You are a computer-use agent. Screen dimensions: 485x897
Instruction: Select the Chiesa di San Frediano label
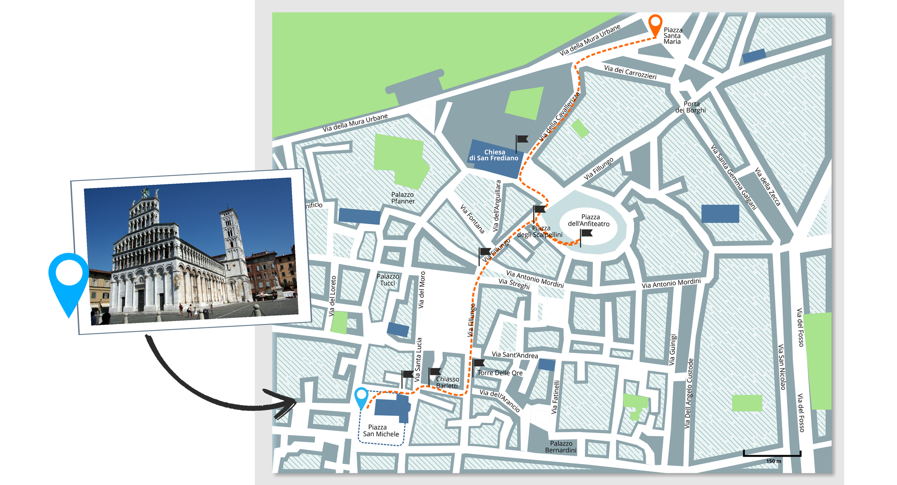click(494, 155)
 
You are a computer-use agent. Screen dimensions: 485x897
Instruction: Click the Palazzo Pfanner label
click(403, 198)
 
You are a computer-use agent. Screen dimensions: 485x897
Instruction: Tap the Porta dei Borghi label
click(691, 107)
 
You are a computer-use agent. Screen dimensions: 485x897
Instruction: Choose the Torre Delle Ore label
click(500, 373)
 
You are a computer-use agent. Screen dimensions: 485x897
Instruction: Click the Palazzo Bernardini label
click(561, 447)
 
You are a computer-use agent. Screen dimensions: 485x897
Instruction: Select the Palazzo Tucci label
click(388, 280)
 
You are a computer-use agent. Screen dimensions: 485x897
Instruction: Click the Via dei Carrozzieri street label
click(630, 72)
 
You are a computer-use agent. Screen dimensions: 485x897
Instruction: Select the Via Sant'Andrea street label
click(515, 355)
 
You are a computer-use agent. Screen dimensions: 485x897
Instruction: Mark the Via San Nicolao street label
click(782, 367)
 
